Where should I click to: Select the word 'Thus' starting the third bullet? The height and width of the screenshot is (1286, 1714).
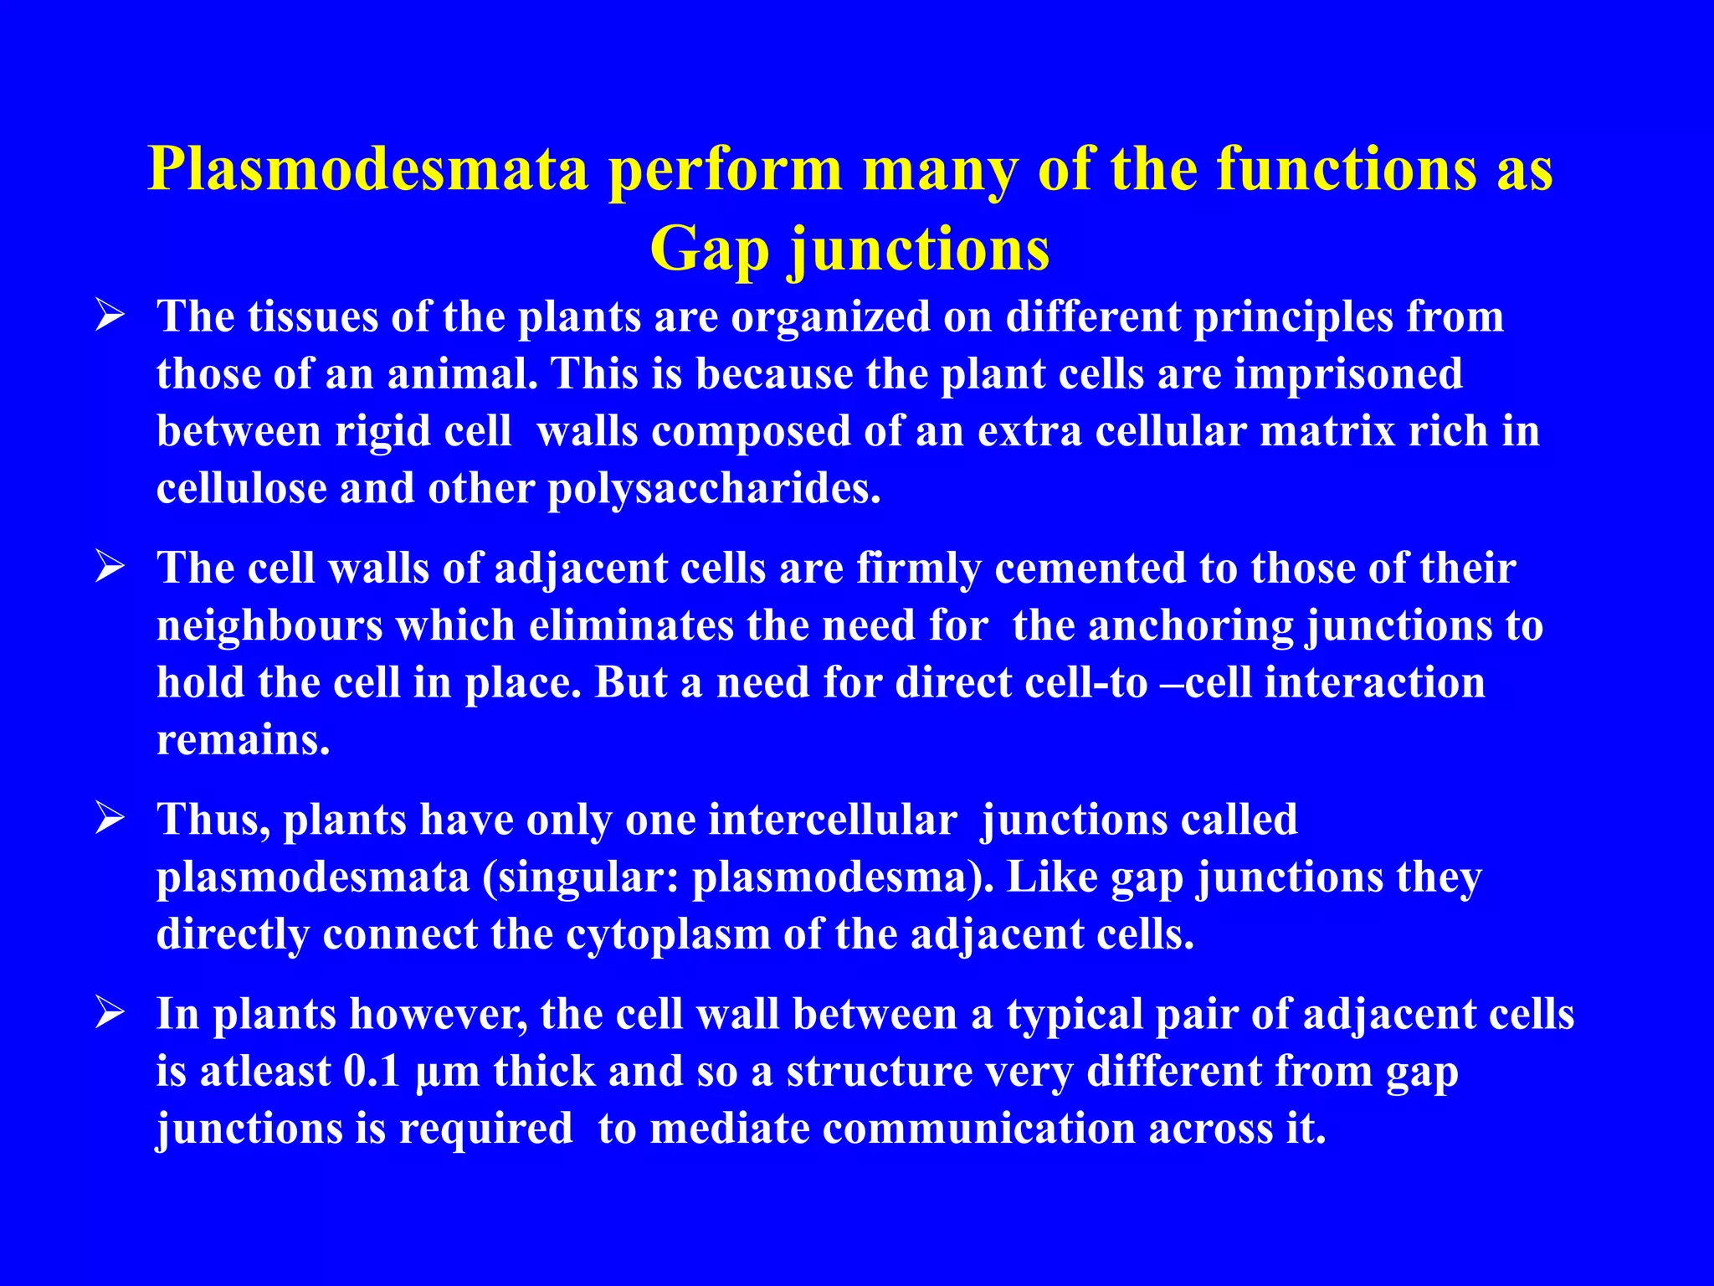(213, 820)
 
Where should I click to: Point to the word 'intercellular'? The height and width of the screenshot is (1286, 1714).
(832, 820)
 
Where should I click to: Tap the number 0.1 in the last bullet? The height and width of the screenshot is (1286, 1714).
(372, 1072)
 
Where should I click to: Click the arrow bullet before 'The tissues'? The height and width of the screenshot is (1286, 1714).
(110, 317)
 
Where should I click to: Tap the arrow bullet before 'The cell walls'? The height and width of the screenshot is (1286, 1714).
(110, 569)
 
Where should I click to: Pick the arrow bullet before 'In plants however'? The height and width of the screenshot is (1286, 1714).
(110, 1015)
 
